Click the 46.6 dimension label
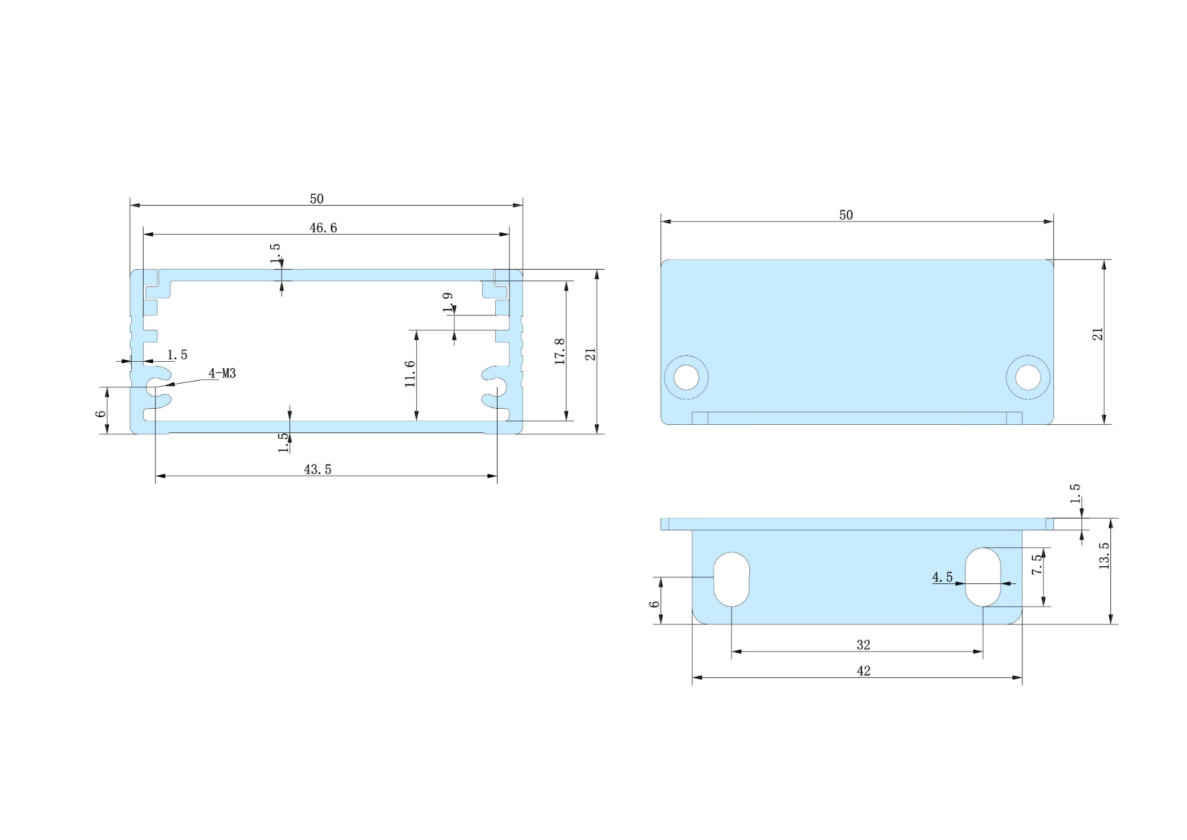pos(323,228)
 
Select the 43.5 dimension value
pos(318,470)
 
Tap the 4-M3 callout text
pos(222,374)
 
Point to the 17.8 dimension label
pos(559,351)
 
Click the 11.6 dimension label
pos(410,374)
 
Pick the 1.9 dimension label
pos(448,302)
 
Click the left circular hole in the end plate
pos(686,377)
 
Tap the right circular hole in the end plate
pos(1028,377)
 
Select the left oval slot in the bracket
pos(732,579)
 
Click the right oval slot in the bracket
pos(983,577)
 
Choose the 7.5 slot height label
pos(1037,564)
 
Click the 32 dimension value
pos(863,645)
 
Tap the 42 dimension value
pos(863,671)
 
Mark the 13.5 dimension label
pos(1104,556)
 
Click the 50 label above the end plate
pos(846,216)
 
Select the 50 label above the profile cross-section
pos(316,199)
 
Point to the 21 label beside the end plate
pos(1098,334)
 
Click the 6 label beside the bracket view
pos(654,604)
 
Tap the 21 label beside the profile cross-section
pos(590,355)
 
